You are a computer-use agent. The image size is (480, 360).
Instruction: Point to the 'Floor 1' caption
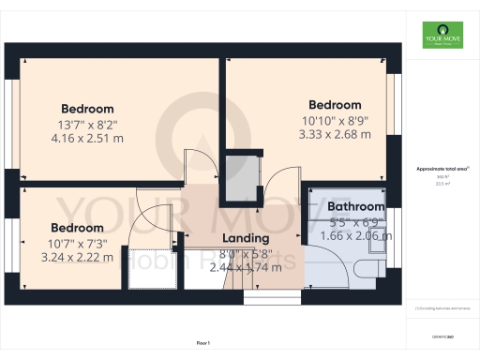click(x=203, y=344)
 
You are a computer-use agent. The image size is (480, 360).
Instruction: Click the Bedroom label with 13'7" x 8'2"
click(x=87, y=109)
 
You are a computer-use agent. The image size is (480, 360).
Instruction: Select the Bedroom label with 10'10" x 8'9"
click(x=335, y=104)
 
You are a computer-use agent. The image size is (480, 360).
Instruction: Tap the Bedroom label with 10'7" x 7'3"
click(x=77, y=228)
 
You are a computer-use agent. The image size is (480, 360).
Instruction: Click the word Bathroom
click(x=355, y=206)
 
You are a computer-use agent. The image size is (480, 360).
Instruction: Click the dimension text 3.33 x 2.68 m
click(x=335, y=134)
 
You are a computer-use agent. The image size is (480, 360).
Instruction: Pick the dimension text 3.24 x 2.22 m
click(x=76, y=257)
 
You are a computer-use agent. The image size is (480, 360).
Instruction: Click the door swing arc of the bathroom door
click(x=317, y=225)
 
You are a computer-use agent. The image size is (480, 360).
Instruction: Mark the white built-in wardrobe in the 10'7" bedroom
click(x=154, y=262)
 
